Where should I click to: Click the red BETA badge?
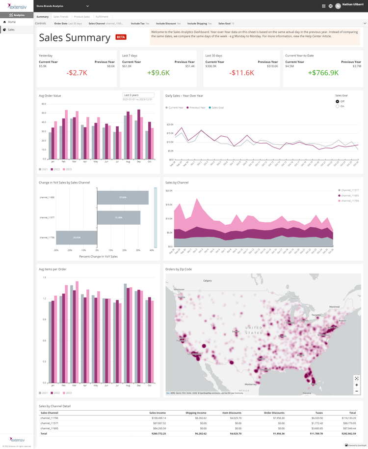tap(121, 37)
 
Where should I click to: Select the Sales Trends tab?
tap(61, 17)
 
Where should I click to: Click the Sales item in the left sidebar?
tap(11, 30)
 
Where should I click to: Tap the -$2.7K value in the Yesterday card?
tap(77, 72)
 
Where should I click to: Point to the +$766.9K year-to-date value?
tap(323, 72)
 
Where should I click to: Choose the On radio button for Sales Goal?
tap(337, 106)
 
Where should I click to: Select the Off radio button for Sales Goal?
tap(337, 101)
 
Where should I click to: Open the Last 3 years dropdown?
tap(138, 95)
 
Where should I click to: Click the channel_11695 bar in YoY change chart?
tap(123, 197)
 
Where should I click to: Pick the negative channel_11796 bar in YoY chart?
tap(76, 237)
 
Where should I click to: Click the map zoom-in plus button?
tap(357, 385)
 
